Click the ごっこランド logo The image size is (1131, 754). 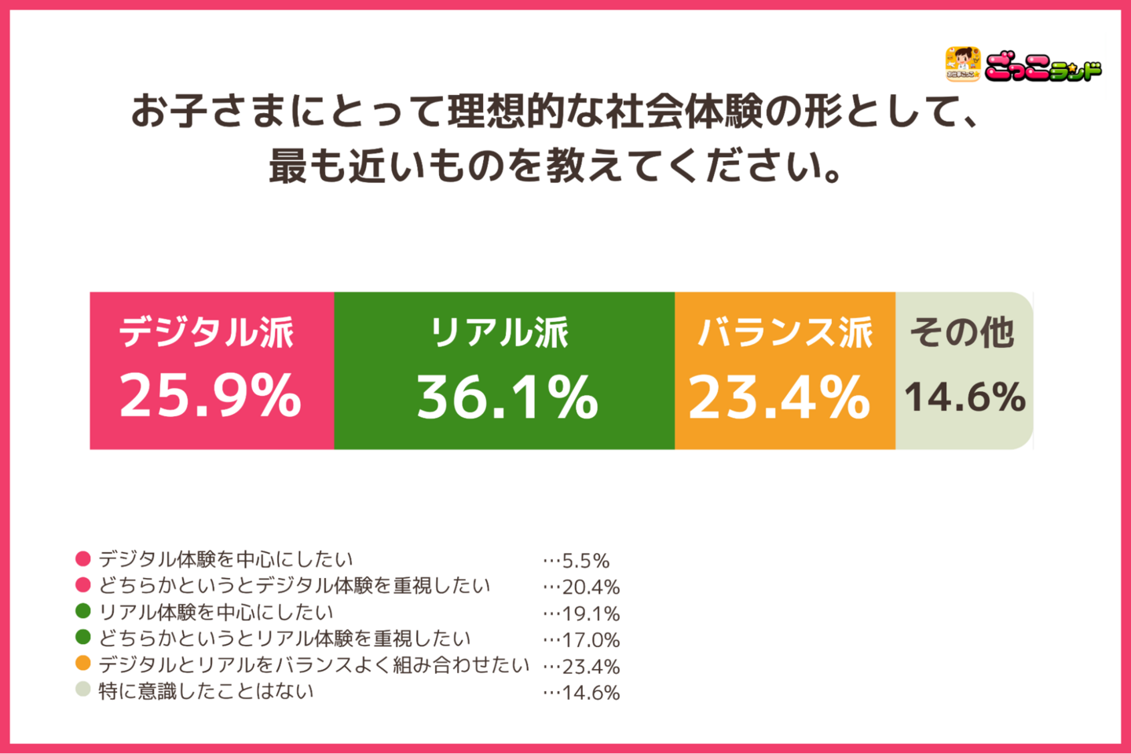pyautogui.click(x=1023, y=65)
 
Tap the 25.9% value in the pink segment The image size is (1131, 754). pyautogui.click(x=210, y=395)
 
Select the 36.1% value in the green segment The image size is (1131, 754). pyautogui.click(x=507, y=397)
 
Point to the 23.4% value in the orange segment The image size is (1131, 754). pyautogui.click(x=779, y=397)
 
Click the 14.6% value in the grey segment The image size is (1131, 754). pyautogui.click(x=965, y=397)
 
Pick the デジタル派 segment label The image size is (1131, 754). pyautogui.click(x=207, y=332)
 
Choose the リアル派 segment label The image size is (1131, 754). pyautogui.click(x=500, y=332)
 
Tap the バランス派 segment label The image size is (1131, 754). pyautogui.click(x=785, y=332)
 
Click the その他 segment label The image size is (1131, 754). pyautogui.click(x=962, y=332)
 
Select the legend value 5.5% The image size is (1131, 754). pyautogui.click(x=586, y=561)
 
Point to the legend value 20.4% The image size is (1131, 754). pyautogui.click(x=591, y=587)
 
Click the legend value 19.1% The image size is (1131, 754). pyautogui.click(x=591, y=613)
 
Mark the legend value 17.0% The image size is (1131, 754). pyautogui.click(x=591, y=640)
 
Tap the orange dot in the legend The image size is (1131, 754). pyautogui.click(x=83, y=664)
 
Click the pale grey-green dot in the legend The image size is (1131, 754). pyautogui.click(x=83, y=690)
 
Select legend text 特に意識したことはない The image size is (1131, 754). pyautogui.click(x=206, y=691)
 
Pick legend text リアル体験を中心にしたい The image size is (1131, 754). pyautogui.click(x=216, y=612)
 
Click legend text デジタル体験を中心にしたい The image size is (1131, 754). pyautogui.click(x=226, y=559)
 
